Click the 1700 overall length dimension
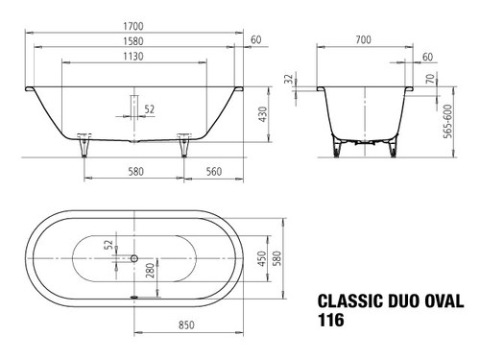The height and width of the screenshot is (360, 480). tap(133, 26)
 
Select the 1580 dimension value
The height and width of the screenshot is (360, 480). tap(133, 41)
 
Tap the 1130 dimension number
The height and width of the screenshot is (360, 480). tap(133, 57)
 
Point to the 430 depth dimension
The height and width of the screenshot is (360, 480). tap(262, 114)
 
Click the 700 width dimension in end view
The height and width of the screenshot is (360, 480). tap(364, 39)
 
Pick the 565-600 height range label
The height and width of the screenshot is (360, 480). tap(447, 121)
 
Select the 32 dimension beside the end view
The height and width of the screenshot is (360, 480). tap(289, 79)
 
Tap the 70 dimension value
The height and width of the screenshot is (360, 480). tap(431, 79)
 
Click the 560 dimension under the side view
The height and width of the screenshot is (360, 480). tap(214, 172)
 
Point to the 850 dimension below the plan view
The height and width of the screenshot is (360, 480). tap(186, 325)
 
